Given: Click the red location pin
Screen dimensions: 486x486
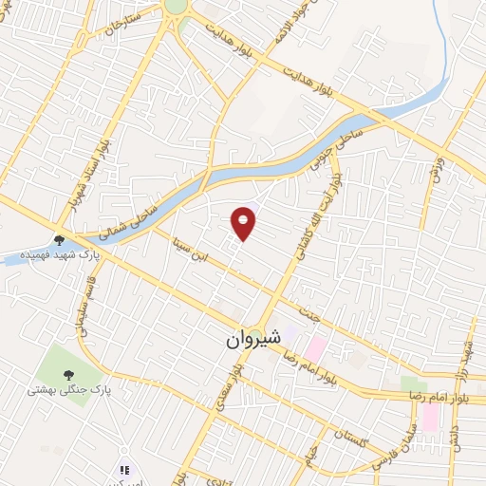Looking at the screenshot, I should pos(244,222).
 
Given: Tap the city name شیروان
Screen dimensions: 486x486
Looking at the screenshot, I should pos(253,339).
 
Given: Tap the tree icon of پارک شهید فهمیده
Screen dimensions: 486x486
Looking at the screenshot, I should pos(59,239).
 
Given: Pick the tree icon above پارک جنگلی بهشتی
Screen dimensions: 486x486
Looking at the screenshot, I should pos(68,373).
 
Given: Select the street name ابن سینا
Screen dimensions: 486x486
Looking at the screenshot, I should pos(187,248).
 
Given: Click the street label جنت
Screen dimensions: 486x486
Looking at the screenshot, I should pos(305,309).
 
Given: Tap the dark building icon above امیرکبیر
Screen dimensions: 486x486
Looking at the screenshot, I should pos(122,470).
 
